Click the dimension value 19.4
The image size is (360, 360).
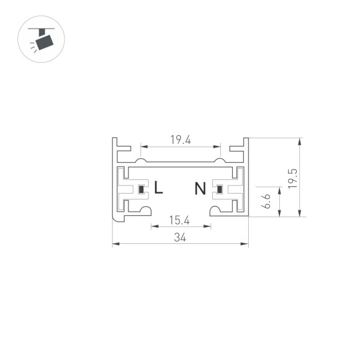tap(180, 140)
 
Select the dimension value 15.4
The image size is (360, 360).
tap(180, 220)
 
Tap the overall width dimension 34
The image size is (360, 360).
tap(180, 237)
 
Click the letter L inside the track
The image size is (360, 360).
tap(159, 187)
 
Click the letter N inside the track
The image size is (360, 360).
tap(200, 188)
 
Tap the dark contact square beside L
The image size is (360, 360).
tap(142, 189)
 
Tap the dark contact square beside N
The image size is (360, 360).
tap(218, 189)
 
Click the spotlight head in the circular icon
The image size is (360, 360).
tap(45, 43)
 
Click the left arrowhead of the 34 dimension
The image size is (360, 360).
tap(115, 245)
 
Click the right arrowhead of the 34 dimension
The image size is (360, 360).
tap(246, 245)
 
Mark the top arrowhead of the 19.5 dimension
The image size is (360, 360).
tap(300, 140)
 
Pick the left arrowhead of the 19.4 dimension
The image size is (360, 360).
tap(142, 147)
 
